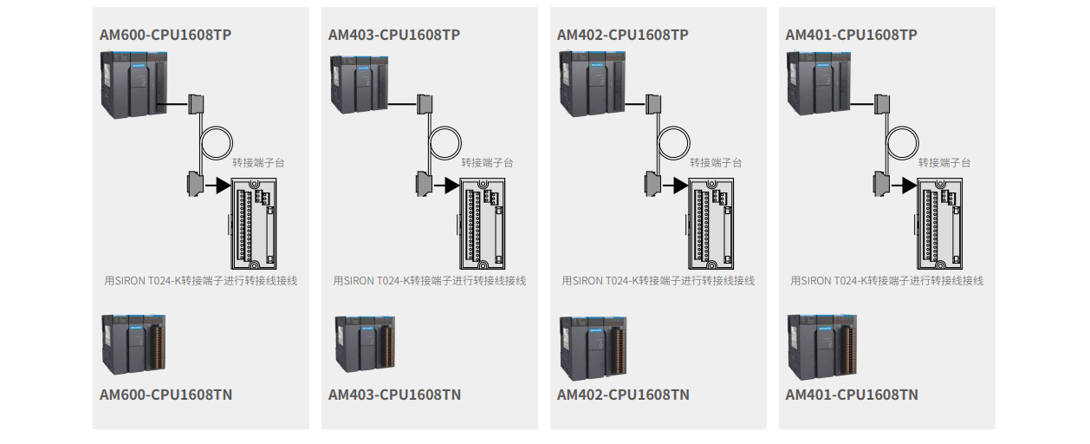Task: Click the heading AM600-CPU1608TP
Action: click(x=165, y=35)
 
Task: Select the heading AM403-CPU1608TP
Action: click(x=394, y=35)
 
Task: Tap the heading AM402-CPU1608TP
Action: click(x=623, y=35)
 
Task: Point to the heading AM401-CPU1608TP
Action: click(x=852, y=35)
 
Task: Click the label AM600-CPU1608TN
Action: click(x=165, y=395)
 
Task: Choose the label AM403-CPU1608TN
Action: click(x=394, y=395)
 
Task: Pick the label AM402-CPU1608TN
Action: click(x=623, y=395)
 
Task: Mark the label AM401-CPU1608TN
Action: click(x=852, y=395)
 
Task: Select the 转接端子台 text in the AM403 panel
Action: click(x=487, y=162)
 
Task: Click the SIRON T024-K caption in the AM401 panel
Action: click(x=887, y=281)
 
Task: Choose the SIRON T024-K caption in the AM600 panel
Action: click(x=201, y=281)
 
